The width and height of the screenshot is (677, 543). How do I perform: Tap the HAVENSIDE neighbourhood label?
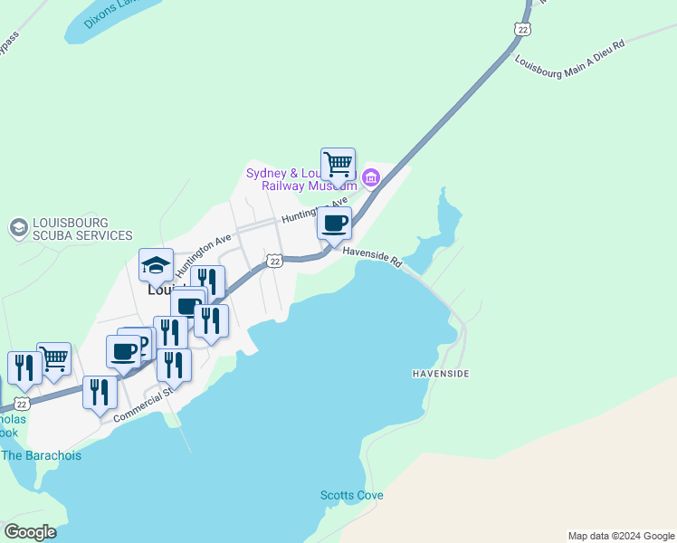click(x=442, y=373)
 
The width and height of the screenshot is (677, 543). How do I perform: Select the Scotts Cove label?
click(x=351, y=495)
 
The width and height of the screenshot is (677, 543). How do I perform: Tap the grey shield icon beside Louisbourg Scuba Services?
click(x=17, y=228)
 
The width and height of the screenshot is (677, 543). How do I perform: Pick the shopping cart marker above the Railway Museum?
click(x=338, y=165)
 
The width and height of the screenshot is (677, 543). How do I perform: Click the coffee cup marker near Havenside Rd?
click(x=334, y=223)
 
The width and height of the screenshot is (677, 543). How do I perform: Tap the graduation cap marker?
click(x=156, y=265)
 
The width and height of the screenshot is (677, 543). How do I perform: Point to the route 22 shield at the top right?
click(x=520, y=30)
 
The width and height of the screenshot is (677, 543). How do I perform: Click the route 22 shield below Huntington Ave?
click(x=274, y=261)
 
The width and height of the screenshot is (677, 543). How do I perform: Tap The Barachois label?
click(x=41, y=455)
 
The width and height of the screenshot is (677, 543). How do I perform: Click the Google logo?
click(x=30, y=532)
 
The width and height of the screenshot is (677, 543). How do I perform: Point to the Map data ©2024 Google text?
click(x=621, y=536)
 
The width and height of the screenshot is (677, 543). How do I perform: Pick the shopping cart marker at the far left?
click(x=54, y=359)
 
